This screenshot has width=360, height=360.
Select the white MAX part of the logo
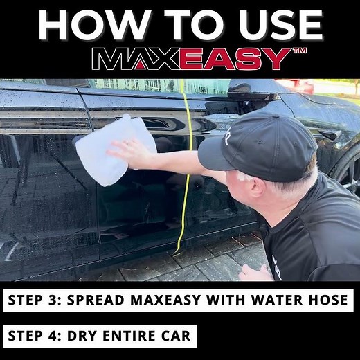[x=132, y=58]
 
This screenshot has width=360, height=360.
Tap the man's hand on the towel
[x=131, y=152]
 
